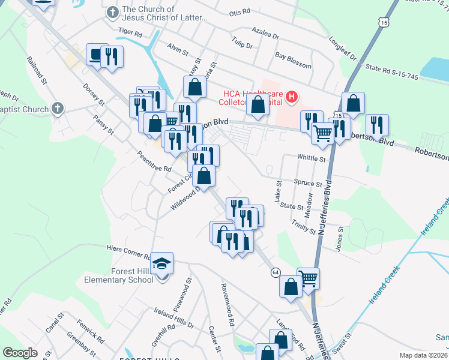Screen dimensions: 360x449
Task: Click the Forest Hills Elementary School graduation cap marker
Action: tap(161, 264)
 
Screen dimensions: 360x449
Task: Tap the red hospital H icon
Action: tap(292, 97)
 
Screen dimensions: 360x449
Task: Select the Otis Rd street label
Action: tap(238, 13)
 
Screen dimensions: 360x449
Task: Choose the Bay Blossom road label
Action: tap(293, 60)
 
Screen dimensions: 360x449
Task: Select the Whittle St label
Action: tap(311, 159)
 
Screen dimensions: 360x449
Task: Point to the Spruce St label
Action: tap(308, 183)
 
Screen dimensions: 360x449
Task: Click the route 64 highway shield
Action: tap(275, 272)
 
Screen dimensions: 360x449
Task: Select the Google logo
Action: tap(20, 353)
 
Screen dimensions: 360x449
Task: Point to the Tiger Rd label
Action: tap(130, 30)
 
